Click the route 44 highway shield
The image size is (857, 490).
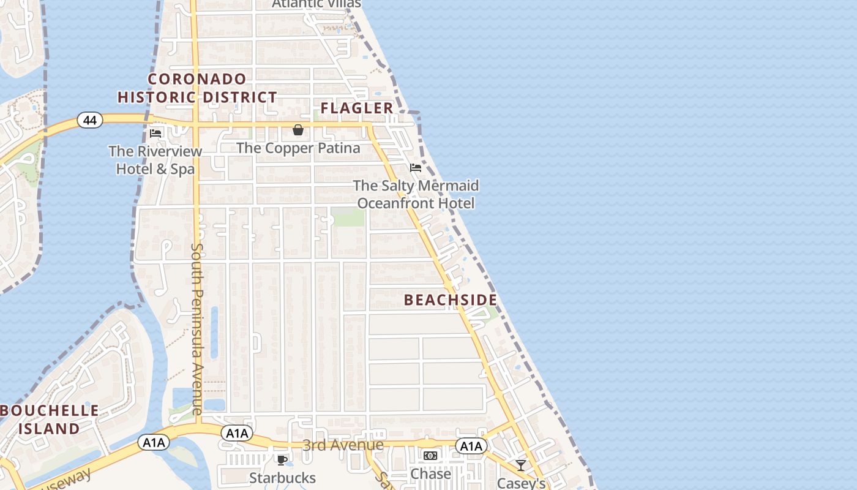[90, 120]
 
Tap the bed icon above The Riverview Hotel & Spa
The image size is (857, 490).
[155, 133]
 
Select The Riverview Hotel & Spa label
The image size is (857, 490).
[155, 160]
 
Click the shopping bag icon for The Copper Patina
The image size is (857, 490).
[298, 130]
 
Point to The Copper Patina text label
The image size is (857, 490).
[298, 148]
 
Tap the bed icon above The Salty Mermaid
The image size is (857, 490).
[416, 168]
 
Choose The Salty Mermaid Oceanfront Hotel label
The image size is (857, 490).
[416, 194]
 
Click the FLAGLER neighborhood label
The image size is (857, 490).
[357, 108]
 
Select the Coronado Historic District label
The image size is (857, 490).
[197, 88]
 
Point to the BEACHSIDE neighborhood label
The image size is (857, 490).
[451, 300]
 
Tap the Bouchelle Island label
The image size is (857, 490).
[49, 420]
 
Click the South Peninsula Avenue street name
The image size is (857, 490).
[197, 329]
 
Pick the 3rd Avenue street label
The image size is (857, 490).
[343, 445]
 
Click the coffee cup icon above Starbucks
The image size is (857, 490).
[282, 460]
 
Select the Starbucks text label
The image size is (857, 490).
[282, 478]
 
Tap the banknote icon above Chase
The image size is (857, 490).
[430, 456]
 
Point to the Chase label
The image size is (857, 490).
[430, 473]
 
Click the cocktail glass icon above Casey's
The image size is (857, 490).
[520, 466]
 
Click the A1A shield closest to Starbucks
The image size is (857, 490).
[237, 434]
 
